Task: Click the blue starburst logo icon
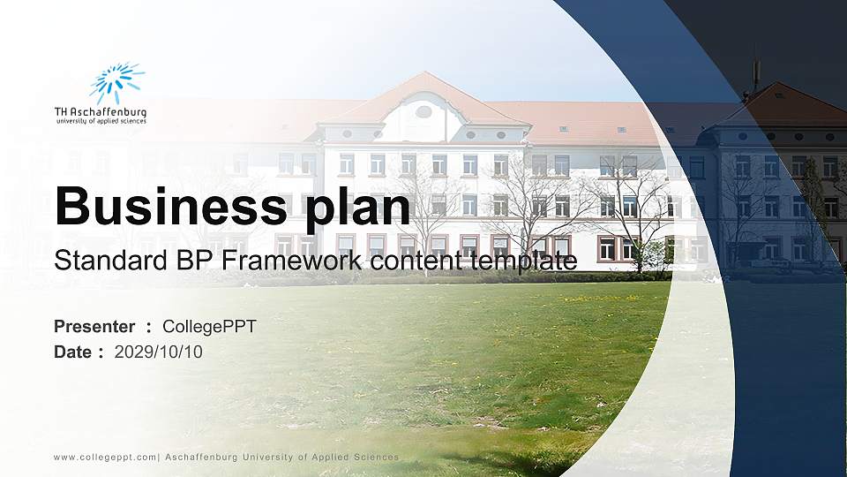(116, 82)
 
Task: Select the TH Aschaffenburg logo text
(101, 112)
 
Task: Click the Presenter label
(94, 327)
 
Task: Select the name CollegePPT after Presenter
(209, 327)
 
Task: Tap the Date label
(73, 352)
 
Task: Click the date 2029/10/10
(159, 352)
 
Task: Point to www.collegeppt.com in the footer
(104, 458)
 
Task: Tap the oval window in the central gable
(423, 111)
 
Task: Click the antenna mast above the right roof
(755, 71)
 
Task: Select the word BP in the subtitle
(197, 261)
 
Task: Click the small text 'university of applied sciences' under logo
(101, 121)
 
